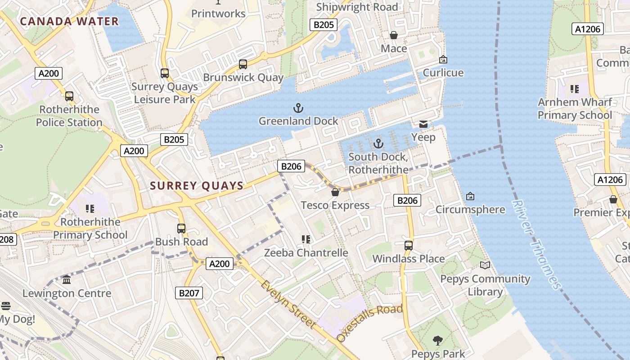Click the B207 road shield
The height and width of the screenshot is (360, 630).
(x=189, y=293)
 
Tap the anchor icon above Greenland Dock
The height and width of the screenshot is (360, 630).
(x=298, y=108)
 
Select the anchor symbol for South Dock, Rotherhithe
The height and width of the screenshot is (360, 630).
(x=378, y=144)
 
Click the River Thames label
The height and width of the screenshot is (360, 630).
(x=536, y=245)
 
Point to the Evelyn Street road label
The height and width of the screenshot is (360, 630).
(x=288, y=304)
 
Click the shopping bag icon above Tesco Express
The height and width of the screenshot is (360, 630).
(x=335, y=193)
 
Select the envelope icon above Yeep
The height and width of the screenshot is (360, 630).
(x=423, y=124)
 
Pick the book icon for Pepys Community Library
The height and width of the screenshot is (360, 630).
(x=485, y=265)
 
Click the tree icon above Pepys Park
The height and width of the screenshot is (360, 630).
(x=437, y=341)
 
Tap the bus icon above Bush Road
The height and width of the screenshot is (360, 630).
(x=181, y=229)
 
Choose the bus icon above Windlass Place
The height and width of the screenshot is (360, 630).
(x=409, y=246)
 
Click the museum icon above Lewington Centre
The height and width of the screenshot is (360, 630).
(x=67, y=280)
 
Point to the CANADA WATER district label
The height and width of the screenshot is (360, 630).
(x=69, y=21)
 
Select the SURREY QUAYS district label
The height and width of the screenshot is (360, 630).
(x=197, y=185)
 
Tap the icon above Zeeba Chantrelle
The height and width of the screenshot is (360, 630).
(x=306, y=239)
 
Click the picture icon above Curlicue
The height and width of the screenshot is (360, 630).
(x=443, y=59)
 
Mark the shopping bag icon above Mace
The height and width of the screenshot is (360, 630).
(x=394, y=35)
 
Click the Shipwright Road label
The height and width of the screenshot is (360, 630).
(x=357, y=7)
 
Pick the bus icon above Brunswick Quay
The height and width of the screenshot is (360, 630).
(x=243, y=64)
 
